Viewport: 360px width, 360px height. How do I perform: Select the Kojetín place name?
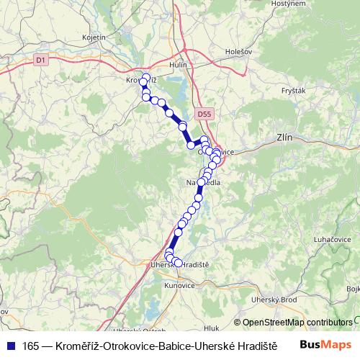tap(94, 37)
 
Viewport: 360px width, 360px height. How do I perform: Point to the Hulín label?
tap(177, 65)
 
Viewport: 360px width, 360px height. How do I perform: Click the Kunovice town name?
tap(179, 286)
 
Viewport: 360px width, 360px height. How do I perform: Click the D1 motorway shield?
tap(40, 60)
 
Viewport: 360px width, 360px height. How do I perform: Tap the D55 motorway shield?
tap(204, 114)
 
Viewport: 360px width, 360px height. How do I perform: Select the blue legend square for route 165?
tap(9, 345)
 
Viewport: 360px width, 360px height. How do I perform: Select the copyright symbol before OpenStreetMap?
tap(238, 323)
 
